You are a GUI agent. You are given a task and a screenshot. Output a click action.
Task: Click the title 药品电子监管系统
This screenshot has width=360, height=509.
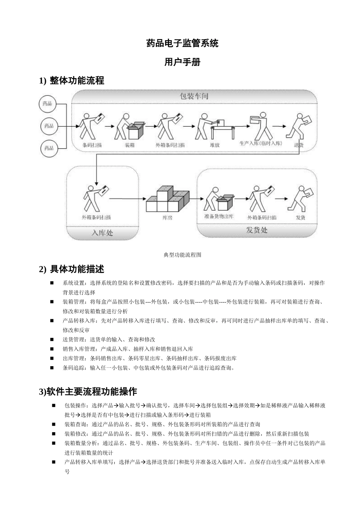click(x=182, y=43)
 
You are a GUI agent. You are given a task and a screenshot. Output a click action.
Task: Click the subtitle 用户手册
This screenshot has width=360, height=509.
click(x=182, y=62)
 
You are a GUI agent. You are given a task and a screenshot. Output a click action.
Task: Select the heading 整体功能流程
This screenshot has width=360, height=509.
click(x=77, y=80)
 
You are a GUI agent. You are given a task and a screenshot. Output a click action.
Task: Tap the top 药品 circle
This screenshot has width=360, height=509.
click(x=48, y=103)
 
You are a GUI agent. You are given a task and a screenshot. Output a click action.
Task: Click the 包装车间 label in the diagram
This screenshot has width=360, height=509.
click(x=194, y=96)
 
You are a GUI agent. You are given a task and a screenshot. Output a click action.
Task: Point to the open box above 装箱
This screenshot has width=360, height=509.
click(x=136, y=130)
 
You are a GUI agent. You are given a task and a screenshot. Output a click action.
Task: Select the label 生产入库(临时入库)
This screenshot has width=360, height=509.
click(x=261, y=144)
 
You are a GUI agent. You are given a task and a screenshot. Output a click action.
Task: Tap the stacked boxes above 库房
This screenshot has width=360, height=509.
click(x=167, y=199)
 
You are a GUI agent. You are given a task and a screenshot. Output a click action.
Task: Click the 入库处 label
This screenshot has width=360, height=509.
click(x=102, y=233)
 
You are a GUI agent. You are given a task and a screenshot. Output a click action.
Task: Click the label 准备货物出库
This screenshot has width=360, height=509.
click(x=219, y=217)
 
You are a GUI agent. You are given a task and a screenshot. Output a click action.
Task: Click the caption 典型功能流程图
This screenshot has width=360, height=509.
click(x=182, y=255)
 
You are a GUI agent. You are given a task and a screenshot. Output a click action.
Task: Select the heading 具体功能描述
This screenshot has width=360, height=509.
click(x=77, y=269)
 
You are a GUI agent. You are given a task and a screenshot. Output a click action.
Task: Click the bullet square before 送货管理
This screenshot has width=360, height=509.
click(x=52, y=339)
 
